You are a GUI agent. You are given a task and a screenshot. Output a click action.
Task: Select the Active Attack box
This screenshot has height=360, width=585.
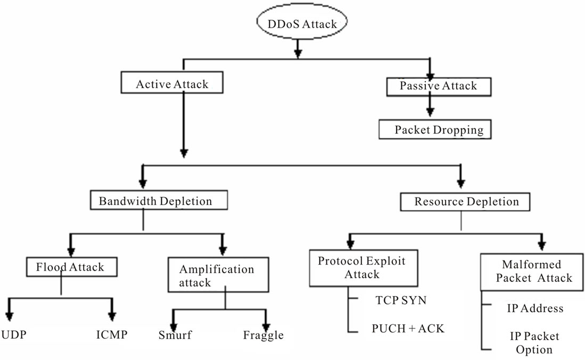pyautogui.click(x=171, y=84)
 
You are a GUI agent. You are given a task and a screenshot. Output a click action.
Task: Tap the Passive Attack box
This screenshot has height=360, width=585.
pyautogui.click(x=438, y=86)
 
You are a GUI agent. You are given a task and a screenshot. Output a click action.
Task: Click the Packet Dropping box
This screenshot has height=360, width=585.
pyautogui.click(x=434, y=129)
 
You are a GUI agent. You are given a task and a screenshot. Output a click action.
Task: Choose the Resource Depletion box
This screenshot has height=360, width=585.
pyautogui.click(x=466, y=201)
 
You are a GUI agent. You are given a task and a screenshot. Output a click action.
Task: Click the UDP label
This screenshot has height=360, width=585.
pyautogui.click(x=14, y=336)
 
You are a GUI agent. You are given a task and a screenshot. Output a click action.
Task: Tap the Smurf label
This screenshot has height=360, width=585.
pyautogui.click(x=175, y=336)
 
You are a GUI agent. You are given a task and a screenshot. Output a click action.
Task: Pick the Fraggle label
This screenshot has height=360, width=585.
pyautogui.click(x=263, y=336)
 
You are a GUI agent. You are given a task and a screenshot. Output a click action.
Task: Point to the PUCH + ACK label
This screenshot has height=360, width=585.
pyautogui.click(x=407, y=329)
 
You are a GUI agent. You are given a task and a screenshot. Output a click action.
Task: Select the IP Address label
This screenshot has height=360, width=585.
pyautogui.click(x=534, y=308)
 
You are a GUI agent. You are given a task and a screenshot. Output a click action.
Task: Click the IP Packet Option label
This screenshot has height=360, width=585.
pyautogui.click(x=534, y=343)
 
